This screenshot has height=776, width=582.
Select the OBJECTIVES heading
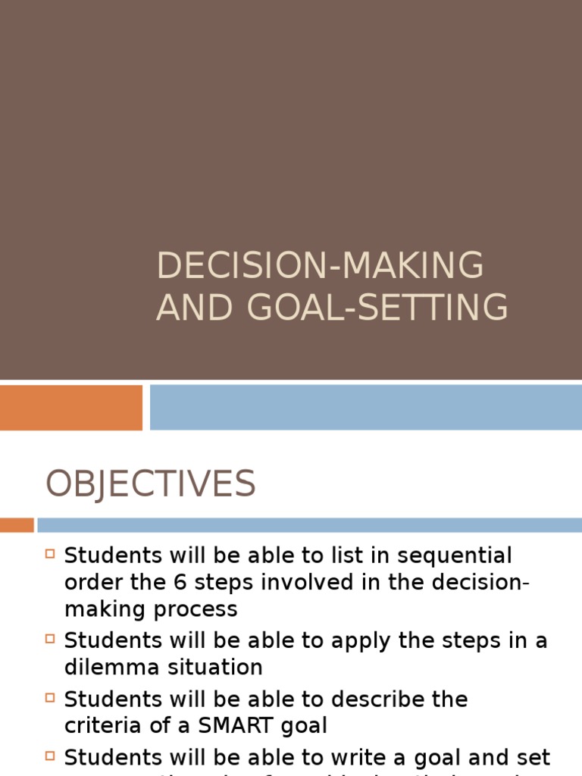150,483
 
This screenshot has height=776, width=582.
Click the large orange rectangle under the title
71,408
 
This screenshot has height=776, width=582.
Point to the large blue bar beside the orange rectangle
365,408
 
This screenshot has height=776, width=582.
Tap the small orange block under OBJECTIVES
17,525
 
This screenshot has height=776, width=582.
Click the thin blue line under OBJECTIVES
309,525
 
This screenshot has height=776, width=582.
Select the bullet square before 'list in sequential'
51,554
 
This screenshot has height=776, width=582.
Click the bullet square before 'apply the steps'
51,639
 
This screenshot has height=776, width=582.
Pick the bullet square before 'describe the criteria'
51,697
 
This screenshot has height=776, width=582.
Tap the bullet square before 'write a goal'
51,756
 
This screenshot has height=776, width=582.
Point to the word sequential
462,556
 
